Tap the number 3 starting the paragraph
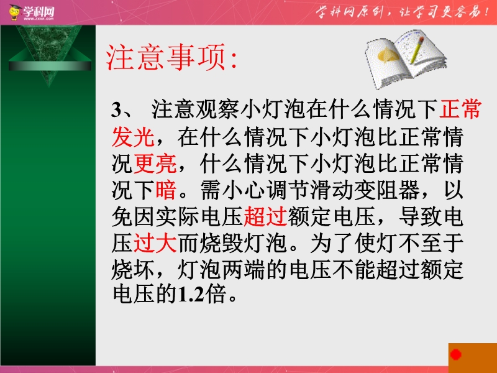pos(117,109)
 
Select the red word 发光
pos(133,137)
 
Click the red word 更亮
pos(155,163)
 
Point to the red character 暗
pos(166,190)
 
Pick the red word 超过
pos(265,216)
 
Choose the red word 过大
pos(155,243)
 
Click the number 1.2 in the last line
pos(191,293)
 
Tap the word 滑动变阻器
pos(364,190)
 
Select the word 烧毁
pos(221,243)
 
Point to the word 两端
pos(243,270)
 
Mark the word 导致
pos(421,216)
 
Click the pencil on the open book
pos(417,50)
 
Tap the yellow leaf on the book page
pos(388,55)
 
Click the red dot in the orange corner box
pos(456,354)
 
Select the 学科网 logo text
pos(39,12)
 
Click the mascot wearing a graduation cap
pos(14,12)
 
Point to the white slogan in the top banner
pos(401,12)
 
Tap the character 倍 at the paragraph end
pos(216,293)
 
